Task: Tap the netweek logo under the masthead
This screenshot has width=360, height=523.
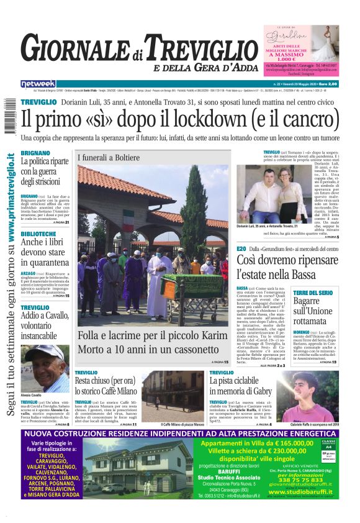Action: (38, 83)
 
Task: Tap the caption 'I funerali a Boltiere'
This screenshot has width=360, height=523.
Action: (109, 158)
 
